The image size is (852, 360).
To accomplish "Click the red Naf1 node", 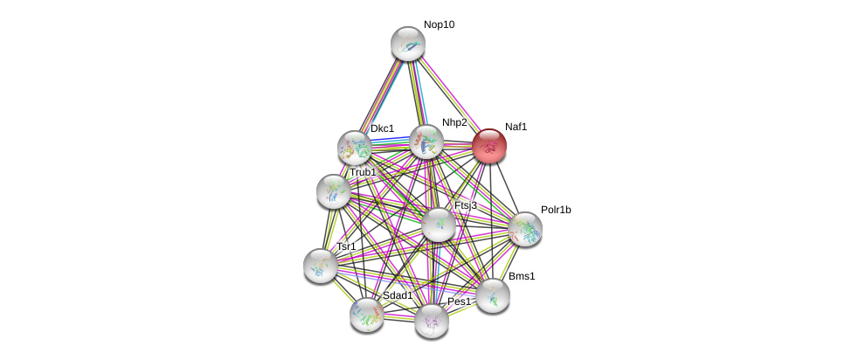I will click(489, 146).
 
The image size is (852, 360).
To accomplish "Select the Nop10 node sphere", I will click(407, 44).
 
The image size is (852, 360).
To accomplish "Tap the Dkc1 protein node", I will click(355, 148).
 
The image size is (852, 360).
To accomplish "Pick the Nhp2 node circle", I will click(426, 142).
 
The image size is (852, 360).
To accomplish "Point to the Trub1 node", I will click(333, 190).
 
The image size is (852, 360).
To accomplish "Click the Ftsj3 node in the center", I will click(439, 225).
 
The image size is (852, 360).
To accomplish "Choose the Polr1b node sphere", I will click(524, 229).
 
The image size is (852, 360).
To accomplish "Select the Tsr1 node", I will click(321, 265).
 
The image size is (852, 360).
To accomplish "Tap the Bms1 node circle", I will click(493, 295).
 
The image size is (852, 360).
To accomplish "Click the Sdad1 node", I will click(367, 315).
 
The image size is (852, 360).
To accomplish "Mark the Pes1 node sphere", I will click(431, 321).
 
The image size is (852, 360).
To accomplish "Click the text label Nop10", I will click(439, 24).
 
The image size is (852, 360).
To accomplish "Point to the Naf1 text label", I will click(516, 127).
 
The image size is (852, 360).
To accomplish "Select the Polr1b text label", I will click(555, 210).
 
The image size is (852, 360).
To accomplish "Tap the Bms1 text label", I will click(522, 276).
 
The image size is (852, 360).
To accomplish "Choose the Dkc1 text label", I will click(382, 128).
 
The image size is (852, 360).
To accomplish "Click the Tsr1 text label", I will click(346, 246).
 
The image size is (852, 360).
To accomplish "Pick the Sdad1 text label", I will click(397, 295).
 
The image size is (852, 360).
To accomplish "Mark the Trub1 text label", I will click(363, 172).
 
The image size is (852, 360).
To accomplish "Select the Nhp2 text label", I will click(454, 122).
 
